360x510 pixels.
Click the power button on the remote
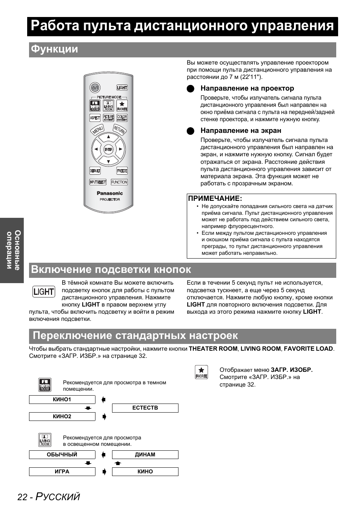click(x=95, y=88)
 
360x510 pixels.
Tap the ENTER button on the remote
click(x=109, y=149)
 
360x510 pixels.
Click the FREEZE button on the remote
click(x=122, y=171)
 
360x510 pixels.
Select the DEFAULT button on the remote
click(x=95, y=171)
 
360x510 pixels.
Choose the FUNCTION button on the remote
click(x=119, y=182)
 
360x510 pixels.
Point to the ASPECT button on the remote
click(x=95, y=118)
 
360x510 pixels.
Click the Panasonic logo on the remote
click(x=110, y=193)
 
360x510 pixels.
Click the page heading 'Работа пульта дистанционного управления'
click(x=183, y=26)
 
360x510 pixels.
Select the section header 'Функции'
click(x=55, y=49)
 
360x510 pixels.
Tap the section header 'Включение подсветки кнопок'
click(x=111, y=270)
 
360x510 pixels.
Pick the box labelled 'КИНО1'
click(x=62, y=399)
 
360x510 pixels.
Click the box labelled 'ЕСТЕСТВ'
click(x=145, y=408)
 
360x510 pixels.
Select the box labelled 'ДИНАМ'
click(x=145, y=455)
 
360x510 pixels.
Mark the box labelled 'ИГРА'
click(x=62, y=471)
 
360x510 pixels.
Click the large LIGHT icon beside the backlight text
click(x=44, y=291)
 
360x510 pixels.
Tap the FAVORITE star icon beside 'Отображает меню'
click(x=202, y=372)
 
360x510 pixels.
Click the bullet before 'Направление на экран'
click(x=191, y=131)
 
